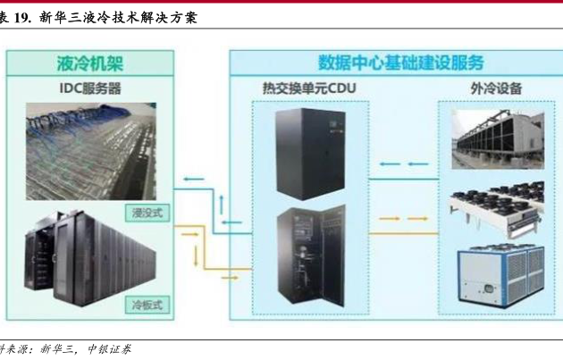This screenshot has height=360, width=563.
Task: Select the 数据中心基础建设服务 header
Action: tap(400, 63)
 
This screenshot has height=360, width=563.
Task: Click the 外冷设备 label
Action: tap(495, 89)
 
